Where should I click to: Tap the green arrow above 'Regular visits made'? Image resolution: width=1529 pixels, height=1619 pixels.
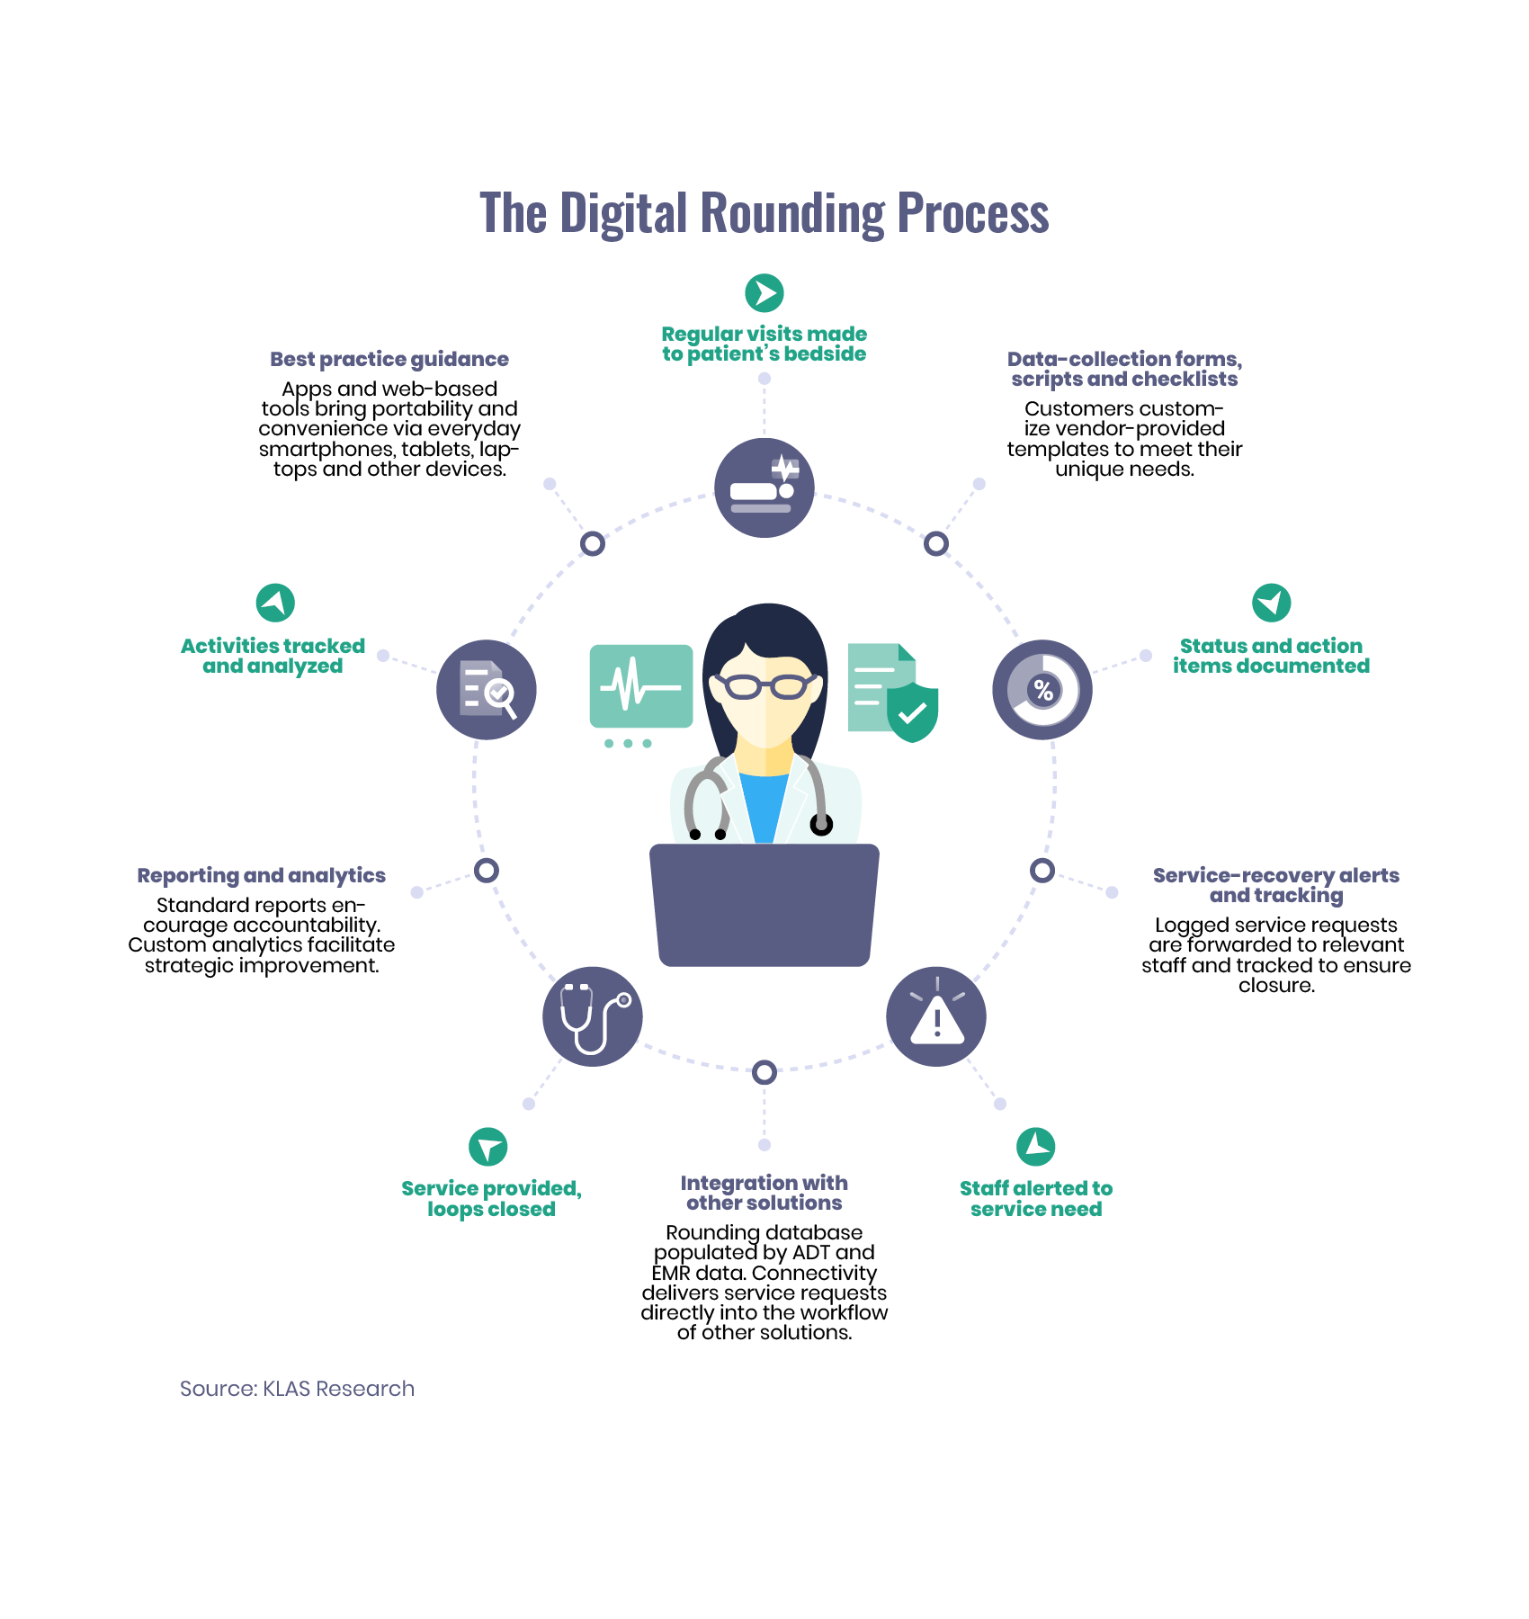click(764, 293)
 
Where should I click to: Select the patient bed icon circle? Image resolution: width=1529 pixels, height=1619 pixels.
click(764, 487)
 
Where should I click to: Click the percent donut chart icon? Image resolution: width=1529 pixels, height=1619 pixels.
click(1042, 690)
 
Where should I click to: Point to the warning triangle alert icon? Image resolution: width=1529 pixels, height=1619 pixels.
click(936, 1017)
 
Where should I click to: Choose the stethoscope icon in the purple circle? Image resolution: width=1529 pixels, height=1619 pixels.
click(593, 1016)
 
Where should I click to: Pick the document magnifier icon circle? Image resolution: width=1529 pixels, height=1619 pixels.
click(487, 690)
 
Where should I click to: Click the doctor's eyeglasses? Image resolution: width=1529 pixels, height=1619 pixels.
click(764, 686)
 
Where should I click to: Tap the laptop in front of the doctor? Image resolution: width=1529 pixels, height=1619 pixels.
click(764, 904)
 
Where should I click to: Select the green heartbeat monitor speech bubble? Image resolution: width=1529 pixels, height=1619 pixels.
click(641, 686)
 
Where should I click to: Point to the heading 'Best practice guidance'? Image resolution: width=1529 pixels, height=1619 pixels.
click(389, 360)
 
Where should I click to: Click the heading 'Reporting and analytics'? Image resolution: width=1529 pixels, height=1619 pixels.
click(261, 875)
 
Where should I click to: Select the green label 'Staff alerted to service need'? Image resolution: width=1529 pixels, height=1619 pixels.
click(1036, 1198)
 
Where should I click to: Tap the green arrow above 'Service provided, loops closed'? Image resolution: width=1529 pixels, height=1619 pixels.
click(488, 1147)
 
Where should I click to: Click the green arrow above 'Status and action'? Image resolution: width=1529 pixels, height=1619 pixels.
click(1272, 603)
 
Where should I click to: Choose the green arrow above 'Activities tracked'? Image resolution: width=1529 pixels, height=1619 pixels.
click(275, 603)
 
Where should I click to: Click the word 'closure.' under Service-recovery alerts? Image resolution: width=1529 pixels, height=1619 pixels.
click(1276, 986)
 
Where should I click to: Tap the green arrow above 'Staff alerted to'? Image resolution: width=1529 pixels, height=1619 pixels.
click(1036, 1147)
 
